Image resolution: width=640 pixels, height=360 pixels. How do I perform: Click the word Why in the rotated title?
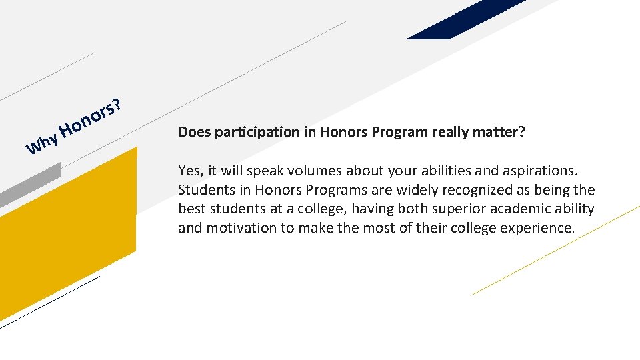point(41,141)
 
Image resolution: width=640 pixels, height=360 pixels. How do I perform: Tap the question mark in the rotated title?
point(117,104)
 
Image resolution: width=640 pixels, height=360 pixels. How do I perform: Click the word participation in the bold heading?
point(253,132)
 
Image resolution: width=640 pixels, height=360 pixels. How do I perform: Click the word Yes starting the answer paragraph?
point(189,170)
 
